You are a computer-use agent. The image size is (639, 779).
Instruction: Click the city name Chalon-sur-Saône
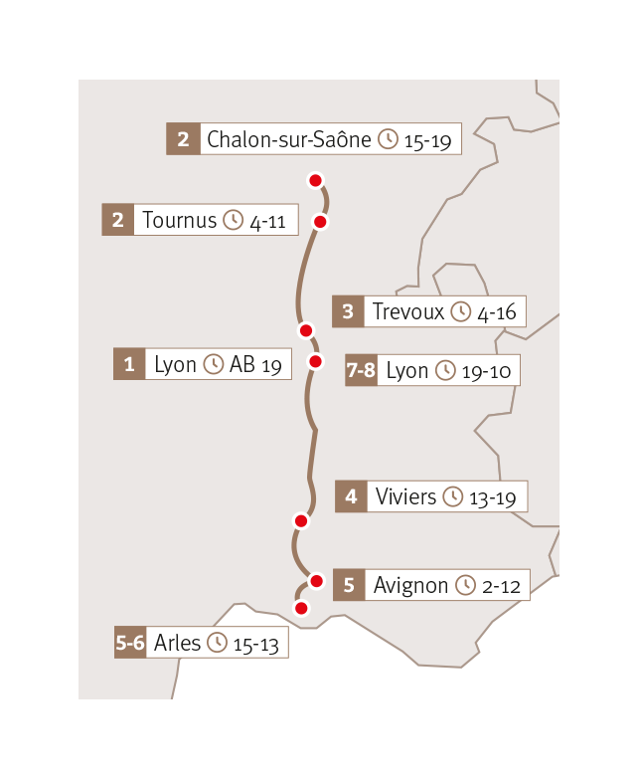pyautogui.click(x=288, y=139)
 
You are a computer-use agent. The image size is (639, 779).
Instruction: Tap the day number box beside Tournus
pyautogui.click(x=117, y=220)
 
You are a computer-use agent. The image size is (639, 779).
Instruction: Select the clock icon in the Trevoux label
pyautogui.click(x=460, y=311)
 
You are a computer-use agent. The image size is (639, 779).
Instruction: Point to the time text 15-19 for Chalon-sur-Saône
pyautogui.click(x=428, y=141)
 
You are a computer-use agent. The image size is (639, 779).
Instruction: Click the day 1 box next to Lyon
pyautogui.click(x=128, y=364)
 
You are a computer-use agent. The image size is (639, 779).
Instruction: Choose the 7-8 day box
pyautogui.click(x=361, y=371)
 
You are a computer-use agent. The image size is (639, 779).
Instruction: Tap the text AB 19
pyautogui.click(x=255, y=365)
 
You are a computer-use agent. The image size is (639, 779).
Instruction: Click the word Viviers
pyautogui.click(x=405, y=496)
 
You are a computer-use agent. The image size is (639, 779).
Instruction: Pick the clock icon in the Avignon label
pyautogui.click(x=465, y=585)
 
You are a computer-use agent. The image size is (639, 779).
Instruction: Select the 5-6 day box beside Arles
pyautogui.click(x=130, y=644)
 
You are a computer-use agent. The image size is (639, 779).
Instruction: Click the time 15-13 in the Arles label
pyautogui.click(x=256, y=645)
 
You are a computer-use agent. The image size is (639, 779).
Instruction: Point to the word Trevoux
pyautogui.click(x=407, y=311)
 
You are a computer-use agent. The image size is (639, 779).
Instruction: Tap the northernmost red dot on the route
pyautogui.click(x=315, y=180)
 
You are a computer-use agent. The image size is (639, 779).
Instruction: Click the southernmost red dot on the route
pyautogui.click(x=301, y=607)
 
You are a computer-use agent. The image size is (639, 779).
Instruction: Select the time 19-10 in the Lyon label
pyautogui.click(x=487, y=372)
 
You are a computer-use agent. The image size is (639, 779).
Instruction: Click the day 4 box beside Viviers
pyautogui.click(x=351, y=496)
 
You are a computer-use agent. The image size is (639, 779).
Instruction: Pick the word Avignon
pyautogui.click(x=410, y=585)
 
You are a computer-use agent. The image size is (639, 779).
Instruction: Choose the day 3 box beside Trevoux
pyautogui.click(x=347, y=311)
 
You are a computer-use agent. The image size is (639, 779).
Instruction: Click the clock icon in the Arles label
pyautogui.click(x=217, y=644)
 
